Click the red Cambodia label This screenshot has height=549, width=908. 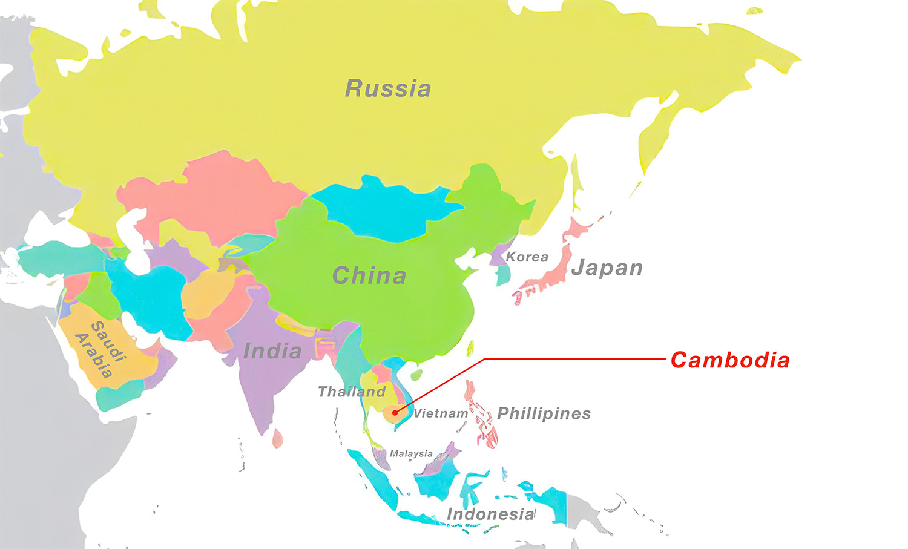(730, 360)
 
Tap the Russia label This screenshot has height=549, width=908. (388, 88)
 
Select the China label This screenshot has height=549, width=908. (369, 276)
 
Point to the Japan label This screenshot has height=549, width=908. (607, 268)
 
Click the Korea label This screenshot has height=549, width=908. (527, 257)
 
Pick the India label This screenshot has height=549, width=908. (272, 351)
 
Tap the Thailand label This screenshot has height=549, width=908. (352, 392)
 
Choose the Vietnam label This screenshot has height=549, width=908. (441, 413)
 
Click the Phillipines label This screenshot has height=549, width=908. (544, 413)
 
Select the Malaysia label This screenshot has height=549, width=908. (411, 453)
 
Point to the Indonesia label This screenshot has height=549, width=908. (491, 514)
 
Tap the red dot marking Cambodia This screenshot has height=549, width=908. (395, 413)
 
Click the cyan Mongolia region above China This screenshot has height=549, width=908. (387, 209)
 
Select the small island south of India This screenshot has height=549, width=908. (277, 438)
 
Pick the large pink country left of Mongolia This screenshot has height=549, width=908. (218, 194)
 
